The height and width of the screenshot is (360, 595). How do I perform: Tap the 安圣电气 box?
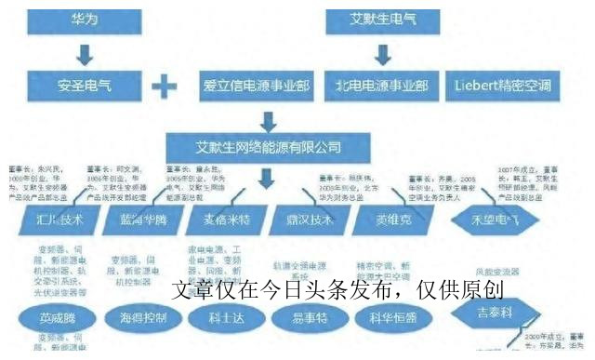(83, 87)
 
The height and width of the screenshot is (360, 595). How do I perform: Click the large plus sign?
(164, 87)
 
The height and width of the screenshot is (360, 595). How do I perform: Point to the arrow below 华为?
(83, 53)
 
